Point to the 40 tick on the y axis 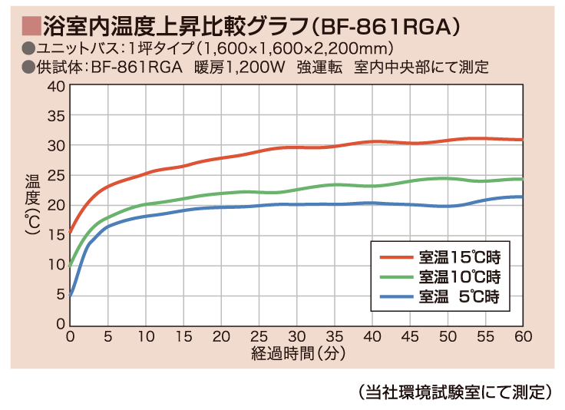(x=58, y=86)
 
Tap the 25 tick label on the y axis (x=58, y=175)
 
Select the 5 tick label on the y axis (x=61, y=294)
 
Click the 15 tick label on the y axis (x=58, y=234)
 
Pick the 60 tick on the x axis (x=522, y=337)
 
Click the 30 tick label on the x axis (x=296, y=337)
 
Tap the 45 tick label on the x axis (x=409, y=337)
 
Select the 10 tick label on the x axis (x=146, y=337)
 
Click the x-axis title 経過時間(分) (x=296, y=354)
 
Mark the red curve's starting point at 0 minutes (x=71, y=231)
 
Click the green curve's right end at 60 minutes (x=521, y=179)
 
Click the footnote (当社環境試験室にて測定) (x=455, y=391)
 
